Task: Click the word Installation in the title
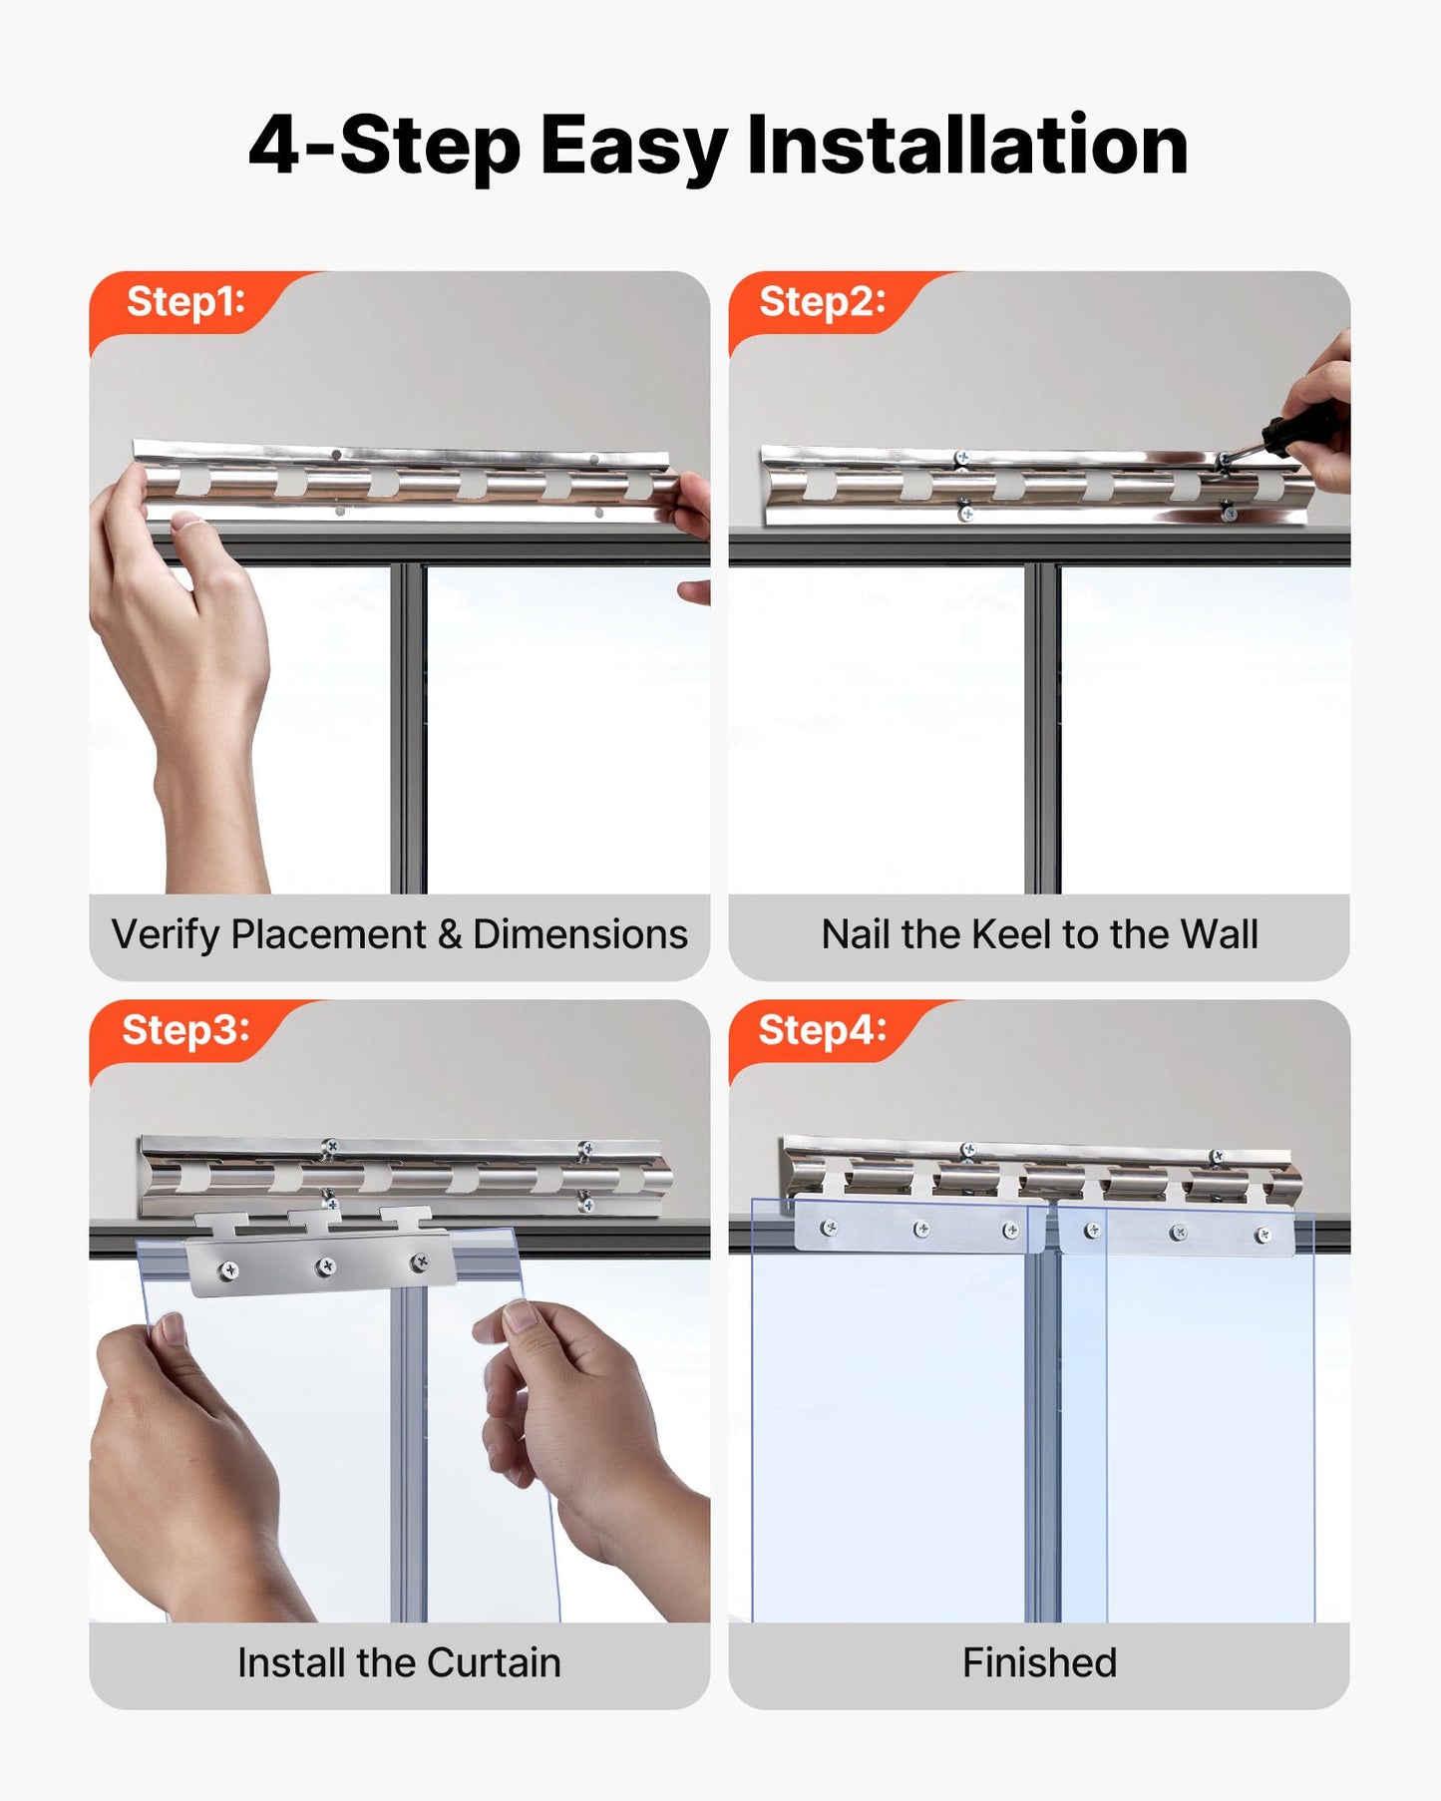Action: point(966,146)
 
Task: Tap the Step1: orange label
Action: point(185,301)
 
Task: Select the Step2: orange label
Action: point(822,301)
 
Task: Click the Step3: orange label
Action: point(185,1029)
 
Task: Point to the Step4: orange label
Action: point(822,1029)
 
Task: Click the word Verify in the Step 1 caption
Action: point(165,935)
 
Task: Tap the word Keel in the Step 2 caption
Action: point(1012,935)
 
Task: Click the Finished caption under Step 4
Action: point(1039,1663)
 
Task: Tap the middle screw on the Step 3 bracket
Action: point(325,1266)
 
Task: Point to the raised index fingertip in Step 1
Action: point(186,522)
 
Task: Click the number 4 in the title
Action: point(274,146)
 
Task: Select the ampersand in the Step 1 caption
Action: point(450,935)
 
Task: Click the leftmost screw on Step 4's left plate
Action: point(828,1228)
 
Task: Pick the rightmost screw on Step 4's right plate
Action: point(1263,1236)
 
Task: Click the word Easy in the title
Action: point(632,146)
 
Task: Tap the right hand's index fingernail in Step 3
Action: point(519,1317)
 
